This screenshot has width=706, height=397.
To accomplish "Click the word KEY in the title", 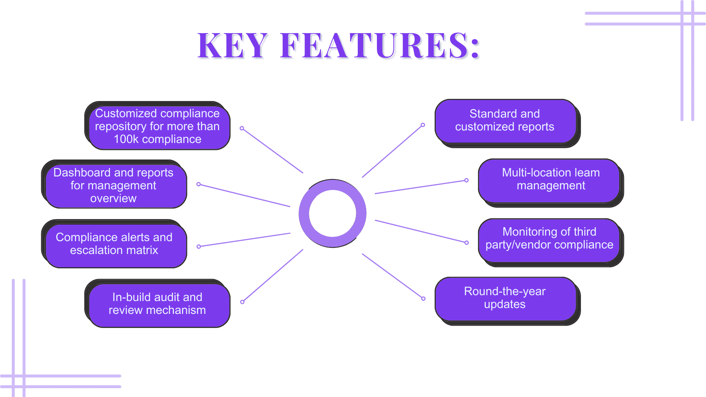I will [232, 46].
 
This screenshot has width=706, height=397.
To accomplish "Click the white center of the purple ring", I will [332, 213].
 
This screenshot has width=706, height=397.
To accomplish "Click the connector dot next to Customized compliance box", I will [242, 128].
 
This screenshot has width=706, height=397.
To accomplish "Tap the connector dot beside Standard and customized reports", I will [423, 125].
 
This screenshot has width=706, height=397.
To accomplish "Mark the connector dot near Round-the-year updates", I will [423, 298].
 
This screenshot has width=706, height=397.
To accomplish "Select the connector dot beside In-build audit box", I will [242, 302].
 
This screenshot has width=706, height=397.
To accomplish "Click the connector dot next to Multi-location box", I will [467, 180].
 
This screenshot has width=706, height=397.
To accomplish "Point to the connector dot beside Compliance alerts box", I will [199, 247].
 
